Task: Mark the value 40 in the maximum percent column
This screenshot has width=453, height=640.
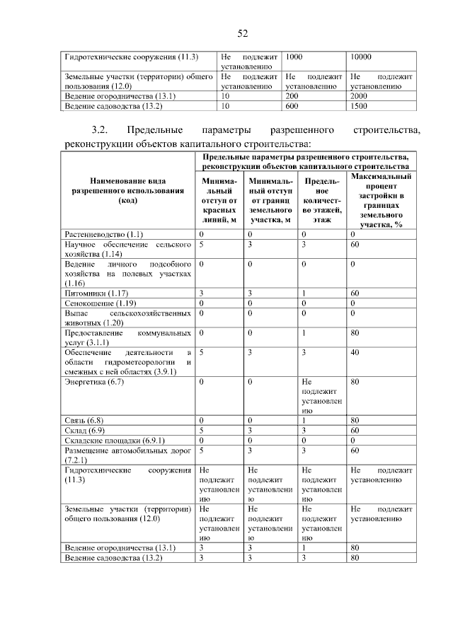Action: pos(355,351)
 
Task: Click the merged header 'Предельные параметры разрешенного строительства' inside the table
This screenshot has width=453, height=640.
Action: pos(305,161)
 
